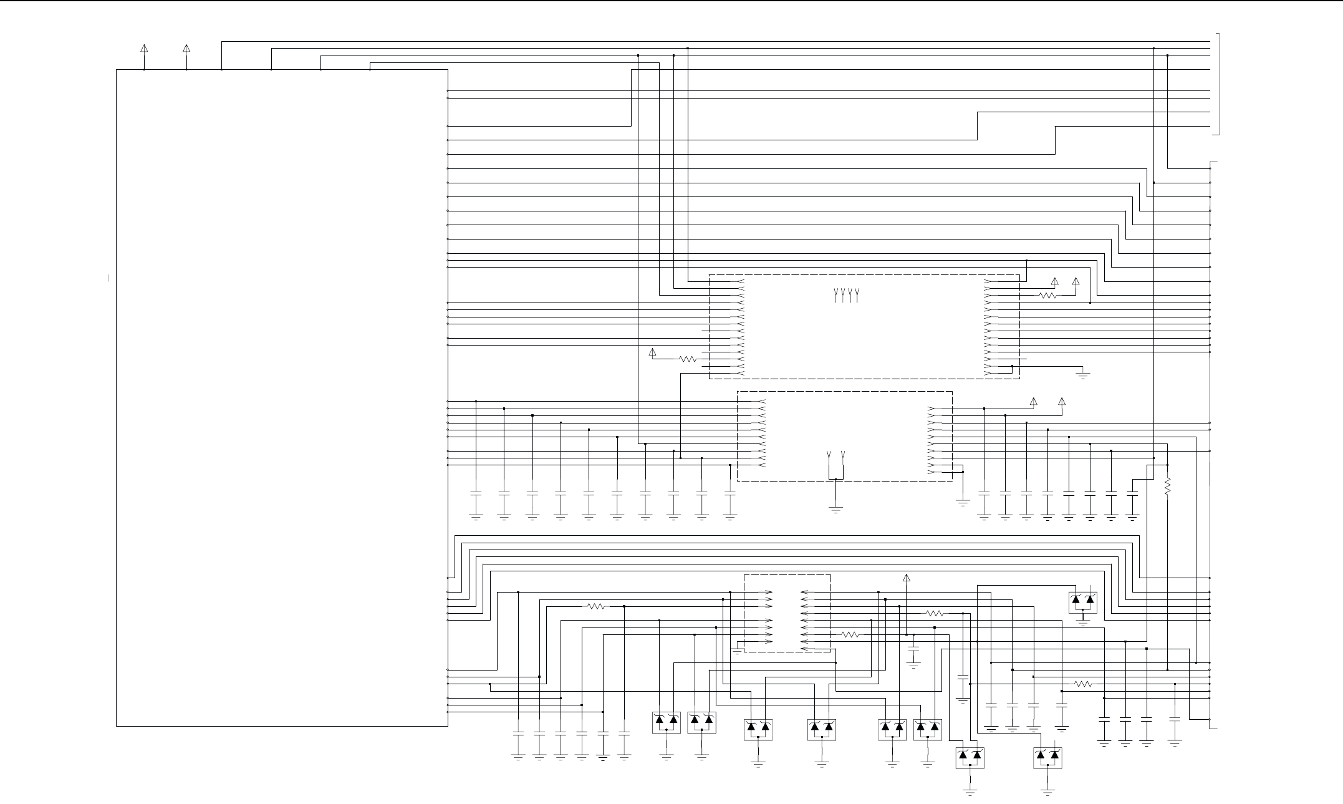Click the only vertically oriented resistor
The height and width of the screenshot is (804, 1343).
[1167, 486]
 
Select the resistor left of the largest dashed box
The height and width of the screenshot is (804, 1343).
[688, 359]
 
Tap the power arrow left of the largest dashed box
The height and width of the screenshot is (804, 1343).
[653, 352]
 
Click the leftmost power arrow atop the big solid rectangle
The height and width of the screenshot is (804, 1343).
[144, 49]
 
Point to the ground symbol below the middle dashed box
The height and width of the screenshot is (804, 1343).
[835, 509]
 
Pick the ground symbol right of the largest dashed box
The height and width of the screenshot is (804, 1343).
[1083, 375]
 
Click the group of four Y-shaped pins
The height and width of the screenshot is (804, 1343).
[846, 295]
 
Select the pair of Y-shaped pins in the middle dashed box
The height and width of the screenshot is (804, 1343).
[835, 454]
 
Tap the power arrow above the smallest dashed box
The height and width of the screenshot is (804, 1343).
[907, 578]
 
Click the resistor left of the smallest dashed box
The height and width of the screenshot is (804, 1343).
[597, 606]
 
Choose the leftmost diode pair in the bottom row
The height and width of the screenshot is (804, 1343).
[667, 722]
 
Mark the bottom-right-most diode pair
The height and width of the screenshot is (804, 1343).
[1047, 758]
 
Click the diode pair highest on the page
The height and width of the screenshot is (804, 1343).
[1083, 603]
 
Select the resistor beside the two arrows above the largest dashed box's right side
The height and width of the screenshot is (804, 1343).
[1049, 296]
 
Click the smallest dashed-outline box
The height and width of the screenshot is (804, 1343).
[787, 613]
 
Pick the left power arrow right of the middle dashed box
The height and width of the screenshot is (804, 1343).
[1033, 402]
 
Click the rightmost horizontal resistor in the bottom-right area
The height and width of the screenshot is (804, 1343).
[1083, 684]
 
